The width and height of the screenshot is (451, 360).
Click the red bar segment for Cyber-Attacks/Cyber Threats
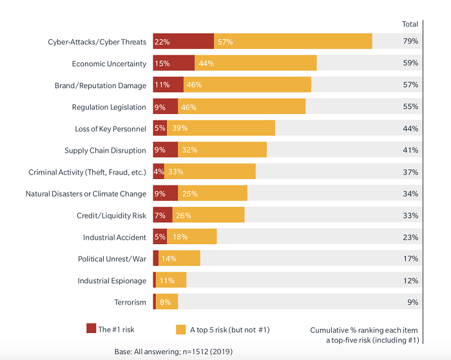click(183, 42)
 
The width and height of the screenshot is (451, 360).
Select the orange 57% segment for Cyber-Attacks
click(293, 42)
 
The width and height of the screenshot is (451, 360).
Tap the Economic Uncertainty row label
click(109, 64)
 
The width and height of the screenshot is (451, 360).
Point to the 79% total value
click(410, 42)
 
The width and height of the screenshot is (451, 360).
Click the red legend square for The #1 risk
click(91, 329)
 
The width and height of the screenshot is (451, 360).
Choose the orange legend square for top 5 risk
click(181, 329)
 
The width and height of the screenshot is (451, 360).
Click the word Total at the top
click(410, 24)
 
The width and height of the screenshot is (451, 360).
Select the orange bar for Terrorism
click(167, 302)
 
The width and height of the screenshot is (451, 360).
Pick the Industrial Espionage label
click(112, 281)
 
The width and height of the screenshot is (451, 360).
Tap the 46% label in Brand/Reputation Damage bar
click(194, 85)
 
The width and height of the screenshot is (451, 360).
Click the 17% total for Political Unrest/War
click(410, 259)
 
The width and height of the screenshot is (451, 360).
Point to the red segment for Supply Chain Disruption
click(165, 151)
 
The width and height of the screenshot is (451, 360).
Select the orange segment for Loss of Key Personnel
click(221, 129)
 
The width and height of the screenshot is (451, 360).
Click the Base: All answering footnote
click(173, 352)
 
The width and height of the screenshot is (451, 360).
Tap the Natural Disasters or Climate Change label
click(86, 194)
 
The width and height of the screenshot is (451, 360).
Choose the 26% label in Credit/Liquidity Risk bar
click(183, 215)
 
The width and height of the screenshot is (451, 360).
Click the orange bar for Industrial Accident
click(192, 237)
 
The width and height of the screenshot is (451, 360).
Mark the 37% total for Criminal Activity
click(410, 172)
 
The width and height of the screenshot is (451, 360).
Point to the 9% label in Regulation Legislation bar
click(160, 107)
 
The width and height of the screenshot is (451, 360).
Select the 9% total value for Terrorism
click(412, 302)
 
